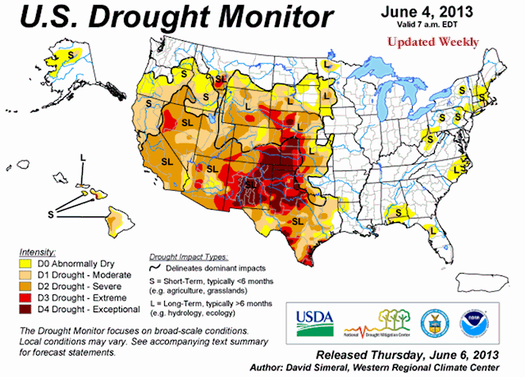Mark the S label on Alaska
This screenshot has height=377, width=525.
pos(71,52)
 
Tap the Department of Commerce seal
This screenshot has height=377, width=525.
pos(431,320)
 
